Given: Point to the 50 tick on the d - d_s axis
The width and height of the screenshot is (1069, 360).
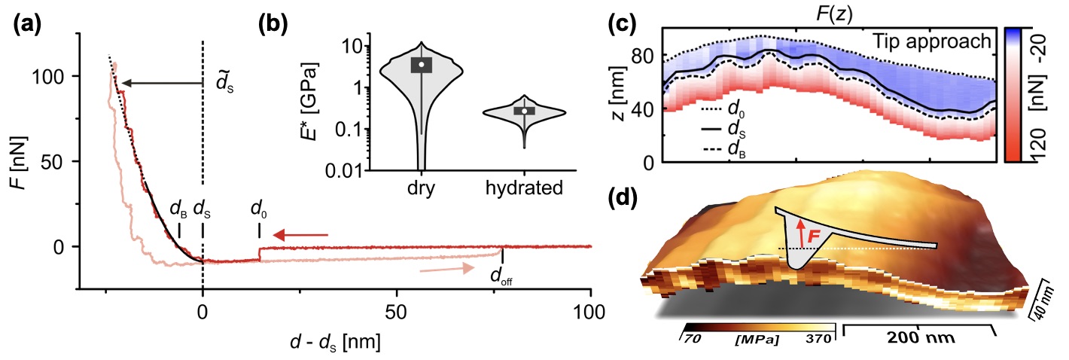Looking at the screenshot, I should [397, 310].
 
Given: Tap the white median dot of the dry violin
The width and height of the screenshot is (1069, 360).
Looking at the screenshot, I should [422, 65].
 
